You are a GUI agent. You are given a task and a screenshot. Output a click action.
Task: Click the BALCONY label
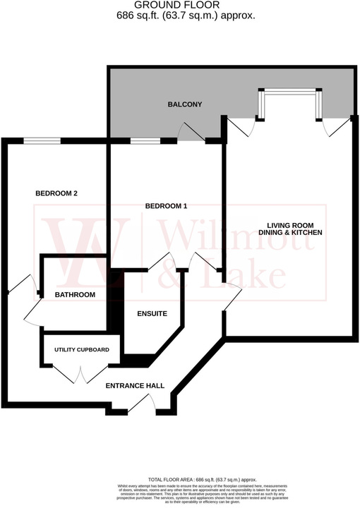tap(185, 104)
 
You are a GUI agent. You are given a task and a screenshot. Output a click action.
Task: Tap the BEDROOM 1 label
tap(166, 206)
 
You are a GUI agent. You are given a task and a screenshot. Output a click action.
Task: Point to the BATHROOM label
tap(75, 295)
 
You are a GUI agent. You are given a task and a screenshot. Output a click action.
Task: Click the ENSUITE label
tap(152, 313)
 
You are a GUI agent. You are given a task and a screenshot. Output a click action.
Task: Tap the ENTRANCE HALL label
tap(135, 386)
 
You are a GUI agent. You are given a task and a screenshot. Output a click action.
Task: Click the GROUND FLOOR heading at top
tap(180, 4)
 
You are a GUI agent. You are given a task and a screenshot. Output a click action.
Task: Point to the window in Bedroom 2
tap(42, 140)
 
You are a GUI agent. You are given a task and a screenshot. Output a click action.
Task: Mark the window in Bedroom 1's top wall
tap(144, 140)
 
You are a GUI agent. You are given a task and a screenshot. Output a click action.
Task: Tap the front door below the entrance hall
tap(148, 403)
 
